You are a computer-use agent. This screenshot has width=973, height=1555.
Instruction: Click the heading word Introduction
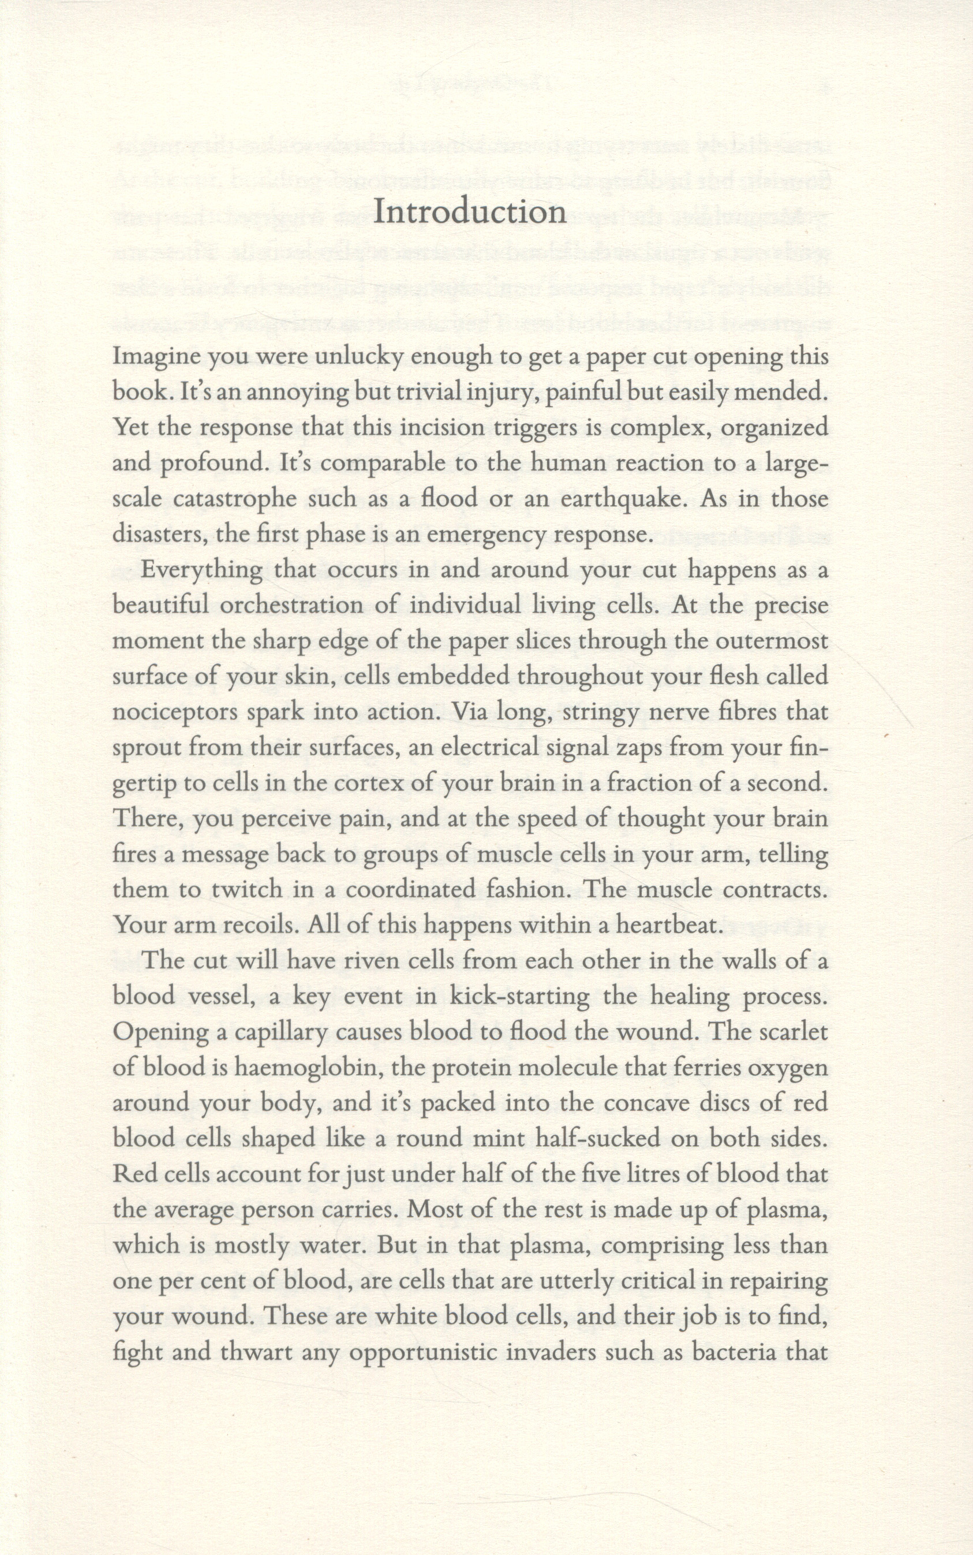pos(469,212)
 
